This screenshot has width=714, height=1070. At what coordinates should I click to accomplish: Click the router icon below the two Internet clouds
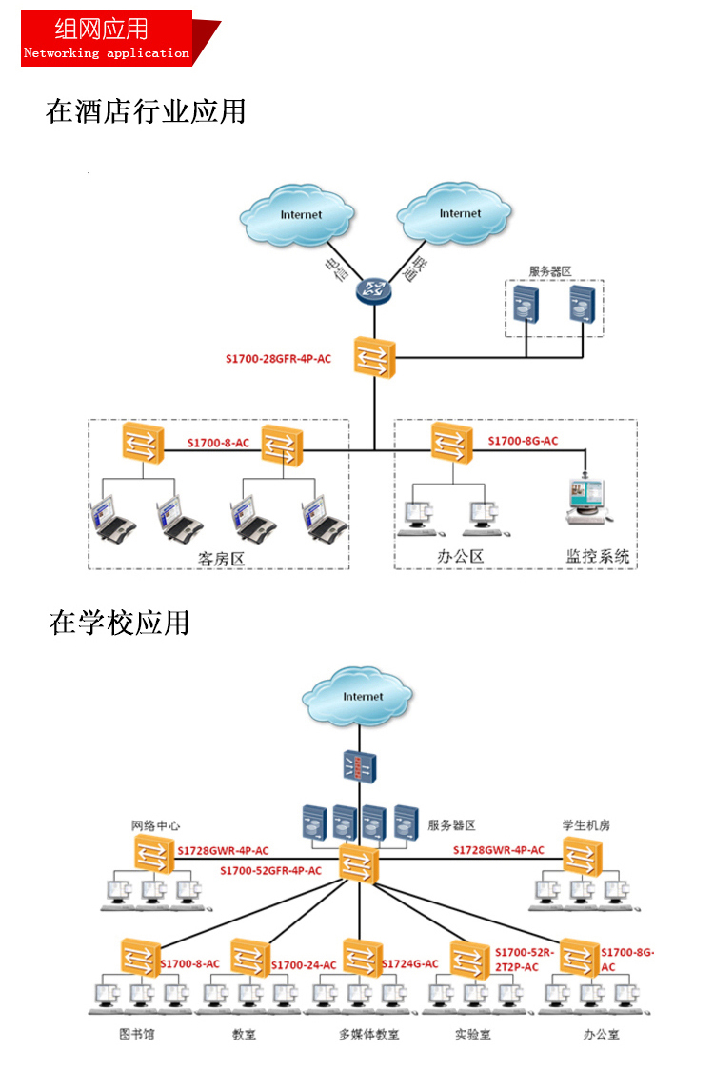tap(372, 289)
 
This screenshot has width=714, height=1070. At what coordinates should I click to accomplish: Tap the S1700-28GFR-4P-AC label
tap(278, 359)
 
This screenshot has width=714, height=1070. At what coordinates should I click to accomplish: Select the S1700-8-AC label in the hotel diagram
tap(218, 443)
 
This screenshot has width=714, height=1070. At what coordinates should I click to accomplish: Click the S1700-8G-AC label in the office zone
tap(523, 441)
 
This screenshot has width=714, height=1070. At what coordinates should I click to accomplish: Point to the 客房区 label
tap(222, 559)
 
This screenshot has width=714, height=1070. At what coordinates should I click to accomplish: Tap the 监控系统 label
tap(598, 556)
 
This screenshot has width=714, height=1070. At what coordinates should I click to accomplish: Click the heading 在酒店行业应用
tap(146, 111)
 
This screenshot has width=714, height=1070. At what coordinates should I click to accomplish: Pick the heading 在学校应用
tap(120, 623)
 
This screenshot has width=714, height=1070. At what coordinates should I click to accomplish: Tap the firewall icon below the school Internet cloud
tap(361, 766)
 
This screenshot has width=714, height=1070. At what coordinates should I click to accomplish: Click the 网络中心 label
tap(155, 825)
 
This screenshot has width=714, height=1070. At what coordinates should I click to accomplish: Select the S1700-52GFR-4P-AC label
tap(270, 870)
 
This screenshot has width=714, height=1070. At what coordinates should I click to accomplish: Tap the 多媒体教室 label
tap(368, 1034)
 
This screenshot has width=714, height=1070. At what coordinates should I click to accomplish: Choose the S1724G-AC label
tap(410, 963)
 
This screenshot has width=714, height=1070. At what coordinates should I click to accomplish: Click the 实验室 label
tap(472, 1034)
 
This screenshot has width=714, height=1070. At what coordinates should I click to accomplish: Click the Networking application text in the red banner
tap(106, 53)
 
